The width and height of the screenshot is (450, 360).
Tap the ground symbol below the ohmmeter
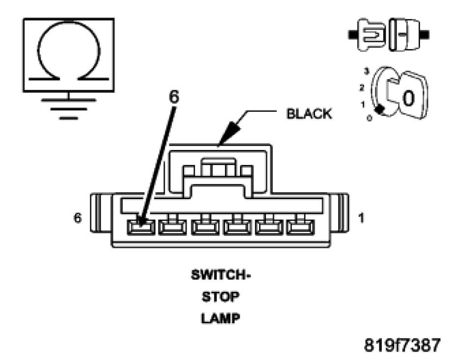coord(68,106)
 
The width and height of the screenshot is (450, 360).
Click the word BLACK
coord(309,114)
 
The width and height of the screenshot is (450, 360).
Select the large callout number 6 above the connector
coord(174,97)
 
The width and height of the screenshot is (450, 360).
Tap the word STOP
coord(220,297)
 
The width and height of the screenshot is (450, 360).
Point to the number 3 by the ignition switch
coord(366,71)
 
